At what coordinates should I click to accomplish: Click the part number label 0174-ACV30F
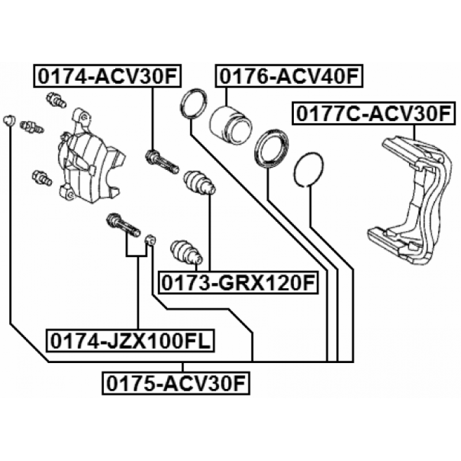tap(107, 76)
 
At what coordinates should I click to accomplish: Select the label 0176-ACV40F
tap(289, 76)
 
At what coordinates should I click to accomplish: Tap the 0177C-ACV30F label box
tap(373, 113)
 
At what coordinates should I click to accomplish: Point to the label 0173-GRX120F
tap(239, 282)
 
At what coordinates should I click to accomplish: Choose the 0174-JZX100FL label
tap(131, 341)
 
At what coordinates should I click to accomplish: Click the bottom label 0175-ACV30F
tap(176, 383)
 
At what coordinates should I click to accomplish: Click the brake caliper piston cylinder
tap(231, 125)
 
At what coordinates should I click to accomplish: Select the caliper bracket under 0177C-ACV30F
tap(410, 200)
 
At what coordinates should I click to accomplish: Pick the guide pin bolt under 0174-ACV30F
tap(162, 161)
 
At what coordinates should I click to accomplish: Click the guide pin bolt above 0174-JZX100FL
tap(123, 225)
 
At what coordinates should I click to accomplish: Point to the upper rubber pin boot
tap(199, 183)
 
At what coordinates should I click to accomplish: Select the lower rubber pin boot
tap(186, 253)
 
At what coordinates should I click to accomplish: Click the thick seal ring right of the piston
tap(271, 149)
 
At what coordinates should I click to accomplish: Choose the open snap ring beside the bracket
tap(309, 169)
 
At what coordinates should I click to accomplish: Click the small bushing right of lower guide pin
tap(151, 240)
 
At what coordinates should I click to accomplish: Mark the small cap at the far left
tap(9, 120)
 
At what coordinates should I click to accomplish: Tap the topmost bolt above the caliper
tap(56, 100)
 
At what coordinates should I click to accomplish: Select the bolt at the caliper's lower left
tap(42, 178)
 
